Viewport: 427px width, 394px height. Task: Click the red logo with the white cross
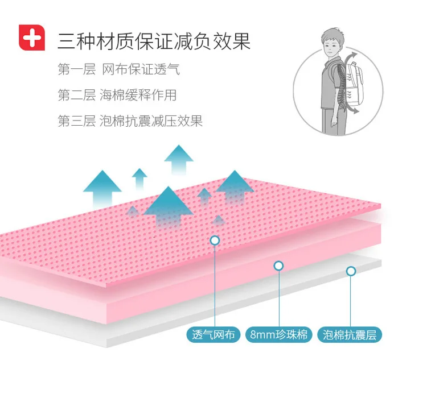coord(32,38)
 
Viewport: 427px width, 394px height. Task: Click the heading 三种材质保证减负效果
coord(154,42)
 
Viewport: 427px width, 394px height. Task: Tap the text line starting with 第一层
coord(119,69)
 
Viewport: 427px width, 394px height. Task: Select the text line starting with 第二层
coord(117,95)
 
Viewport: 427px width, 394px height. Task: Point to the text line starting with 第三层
coord(130,121)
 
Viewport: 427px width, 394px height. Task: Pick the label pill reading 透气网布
coord(213,334)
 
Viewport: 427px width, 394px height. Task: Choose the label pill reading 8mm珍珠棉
coord(278,334)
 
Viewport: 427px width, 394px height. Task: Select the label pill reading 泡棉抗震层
coord(350,334)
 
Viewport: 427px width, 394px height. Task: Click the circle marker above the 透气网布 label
coord(215,240)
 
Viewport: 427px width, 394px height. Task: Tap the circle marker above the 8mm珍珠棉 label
coord(278,266)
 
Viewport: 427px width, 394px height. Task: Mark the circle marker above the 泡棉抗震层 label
coord(351,271)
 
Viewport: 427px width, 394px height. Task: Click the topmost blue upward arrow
coord(179,160)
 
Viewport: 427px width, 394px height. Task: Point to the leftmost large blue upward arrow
coord(102,190)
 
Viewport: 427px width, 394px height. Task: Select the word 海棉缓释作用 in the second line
coord(138,95)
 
